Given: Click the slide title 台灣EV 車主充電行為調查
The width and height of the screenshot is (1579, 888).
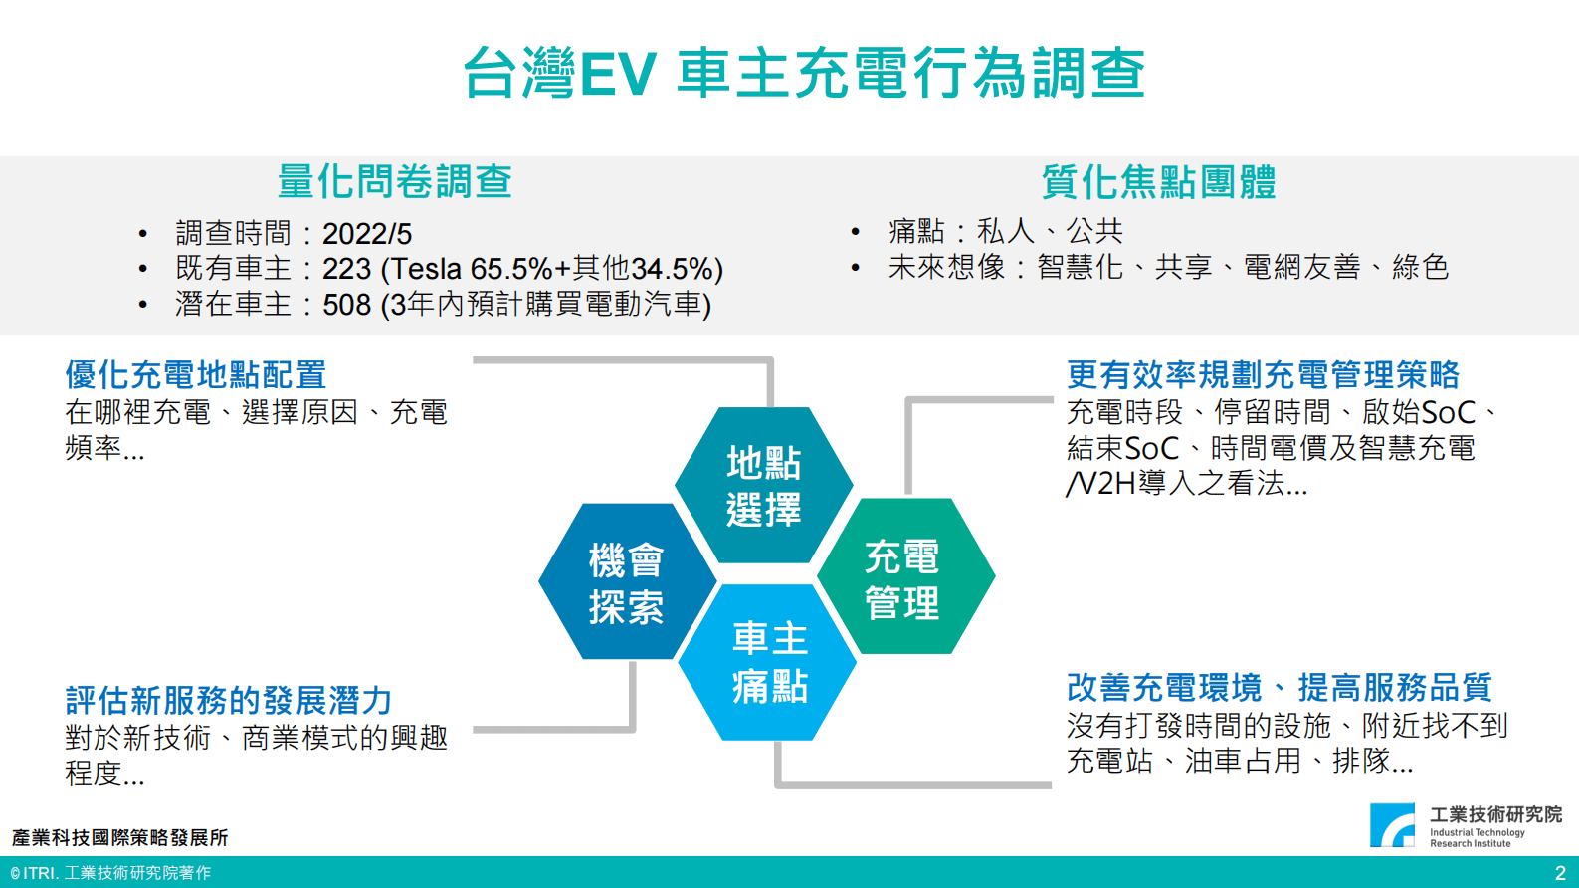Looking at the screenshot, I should point(804,73).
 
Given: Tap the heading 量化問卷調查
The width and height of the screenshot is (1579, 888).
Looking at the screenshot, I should point(394,181).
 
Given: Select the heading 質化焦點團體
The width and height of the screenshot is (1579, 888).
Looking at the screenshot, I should point(1158,182).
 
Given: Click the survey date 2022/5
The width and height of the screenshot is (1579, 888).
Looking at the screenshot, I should point(367,234).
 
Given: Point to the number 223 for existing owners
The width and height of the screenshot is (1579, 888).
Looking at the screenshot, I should point(346,269).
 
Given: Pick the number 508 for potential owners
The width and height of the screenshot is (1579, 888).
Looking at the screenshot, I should point(346,305).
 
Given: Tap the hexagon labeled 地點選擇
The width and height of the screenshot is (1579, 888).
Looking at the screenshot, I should point(764,485).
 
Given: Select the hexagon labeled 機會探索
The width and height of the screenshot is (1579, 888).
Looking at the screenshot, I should point(627,582).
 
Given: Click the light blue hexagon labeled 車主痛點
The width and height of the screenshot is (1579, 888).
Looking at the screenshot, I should point(770,662).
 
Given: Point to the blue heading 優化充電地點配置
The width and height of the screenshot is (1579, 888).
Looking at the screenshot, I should point(196,375).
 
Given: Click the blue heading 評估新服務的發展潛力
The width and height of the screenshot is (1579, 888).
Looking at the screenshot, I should point(229,701).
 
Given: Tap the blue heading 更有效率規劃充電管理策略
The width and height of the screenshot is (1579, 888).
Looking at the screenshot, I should point(1263,375).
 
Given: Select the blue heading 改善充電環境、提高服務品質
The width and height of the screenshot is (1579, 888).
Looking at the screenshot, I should point(1279,687).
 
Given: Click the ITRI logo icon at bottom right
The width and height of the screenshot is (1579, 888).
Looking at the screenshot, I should point(1393,825).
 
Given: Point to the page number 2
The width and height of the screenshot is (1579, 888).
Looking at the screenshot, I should point(1560,873).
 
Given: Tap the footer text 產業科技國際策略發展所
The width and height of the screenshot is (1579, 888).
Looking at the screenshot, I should point(120,838).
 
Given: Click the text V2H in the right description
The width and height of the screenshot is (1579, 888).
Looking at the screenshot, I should point(1105,484).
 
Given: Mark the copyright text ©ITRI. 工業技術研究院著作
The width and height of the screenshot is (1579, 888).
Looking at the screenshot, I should point(110,873).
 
